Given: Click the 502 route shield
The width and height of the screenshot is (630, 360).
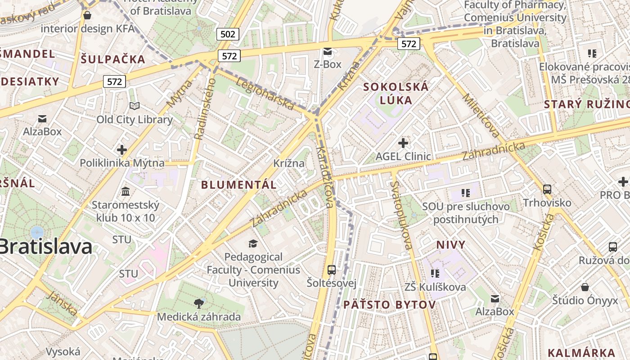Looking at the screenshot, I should coord(227,34).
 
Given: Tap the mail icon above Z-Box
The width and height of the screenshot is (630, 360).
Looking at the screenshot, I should coord(327,52).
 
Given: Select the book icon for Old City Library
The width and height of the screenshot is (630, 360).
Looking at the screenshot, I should coord(135,106).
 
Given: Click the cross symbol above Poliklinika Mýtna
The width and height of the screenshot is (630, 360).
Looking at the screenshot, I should coord(121,149).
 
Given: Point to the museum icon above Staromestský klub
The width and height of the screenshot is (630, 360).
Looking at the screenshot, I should coord(126,192).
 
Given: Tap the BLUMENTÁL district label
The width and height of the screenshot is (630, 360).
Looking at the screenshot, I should coord(238,184).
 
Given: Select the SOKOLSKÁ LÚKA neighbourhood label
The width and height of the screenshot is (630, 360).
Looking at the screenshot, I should coord(396,93).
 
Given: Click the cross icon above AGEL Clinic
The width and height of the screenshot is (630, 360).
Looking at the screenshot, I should coord(403,143).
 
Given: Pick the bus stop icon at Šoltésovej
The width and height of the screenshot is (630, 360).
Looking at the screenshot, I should coord(332,270).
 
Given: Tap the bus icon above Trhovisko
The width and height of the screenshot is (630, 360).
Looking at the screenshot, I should coord(547,189).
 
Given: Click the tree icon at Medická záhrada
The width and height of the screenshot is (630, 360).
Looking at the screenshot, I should coord(198,303).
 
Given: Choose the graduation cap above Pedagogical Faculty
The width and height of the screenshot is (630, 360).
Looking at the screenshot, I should coord(253,243).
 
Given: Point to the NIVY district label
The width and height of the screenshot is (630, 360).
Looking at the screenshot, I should coord(451,245).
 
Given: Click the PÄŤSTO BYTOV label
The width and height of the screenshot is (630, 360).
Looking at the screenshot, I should coord(390,305).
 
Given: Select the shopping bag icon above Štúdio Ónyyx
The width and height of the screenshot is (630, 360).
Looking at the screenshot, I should coord(585,287).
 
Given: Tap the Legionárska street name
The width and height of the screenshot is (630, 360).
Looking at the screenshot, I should coord(265,94).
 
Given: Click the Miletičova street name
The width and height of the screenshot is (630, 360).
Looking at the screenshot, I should coord(481,115).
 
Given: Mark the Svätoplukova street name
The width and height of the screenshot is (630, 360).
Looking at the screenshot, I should coord(402,215).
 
